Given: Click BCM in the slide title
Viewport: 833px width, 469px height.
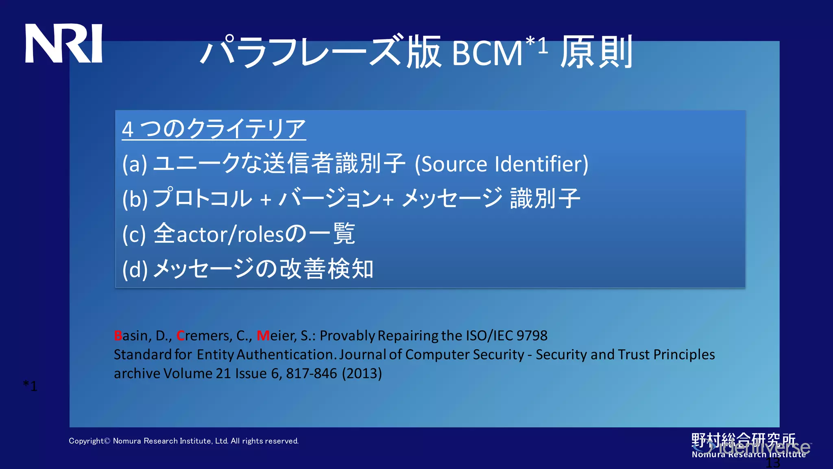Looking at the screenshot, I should pyautogui.click(x=486, y=53).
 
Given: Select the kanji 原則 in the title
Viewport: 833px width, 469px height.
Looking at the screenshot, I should pyautogui.click(x=596, y=52).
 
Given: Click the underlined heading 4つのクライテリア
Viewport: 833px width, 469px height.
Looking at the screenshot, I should pyautogui.click(x=214, y=129).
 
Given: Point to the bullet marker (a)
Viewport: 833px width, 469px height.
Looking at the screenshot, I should pyautogui.click(x=135, y=164).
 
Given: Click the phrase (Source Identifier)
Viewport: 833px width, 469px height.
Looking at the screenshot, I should pyautogui.click(x=501, y=164).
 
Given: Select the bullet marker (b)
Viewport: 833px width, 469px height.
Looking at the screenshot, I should pyautogui.click(x=135, y=199).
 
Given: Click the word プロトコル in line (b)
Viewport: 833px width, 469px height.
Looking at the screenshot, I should pyautogui.click(x=203, y=198).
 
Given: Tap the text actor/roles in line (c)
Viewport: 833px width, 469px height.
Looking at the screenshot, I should pyautogui.click(x=229, y=234).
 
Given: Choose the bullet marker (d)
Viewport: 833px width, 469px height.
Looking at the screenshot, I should pyautogui.click(x=135, y=270).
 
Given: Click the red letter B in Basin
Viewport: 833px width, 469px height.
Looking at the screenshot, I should pyautogui.click(x=118, y=336).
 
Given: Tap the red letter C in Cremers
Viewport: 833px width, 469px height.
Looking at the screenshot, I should pyautogui.click(x=180, y=336).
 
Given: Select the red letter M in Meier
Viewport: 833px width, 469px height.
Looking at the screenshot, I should pyautogui.click(x=263, y=336).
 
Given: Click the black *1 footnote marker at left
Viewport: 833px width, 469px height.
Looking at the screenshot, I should pyautogui.click(x=30, y=386).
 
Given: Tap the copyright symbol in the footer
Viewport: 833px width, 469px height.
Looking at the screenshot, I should pyautogui.click(x=107, y=441).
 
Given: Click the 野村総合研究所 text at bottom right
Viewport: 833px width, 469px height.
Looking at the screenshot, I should pyautogui.click(x=743, y=440).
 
